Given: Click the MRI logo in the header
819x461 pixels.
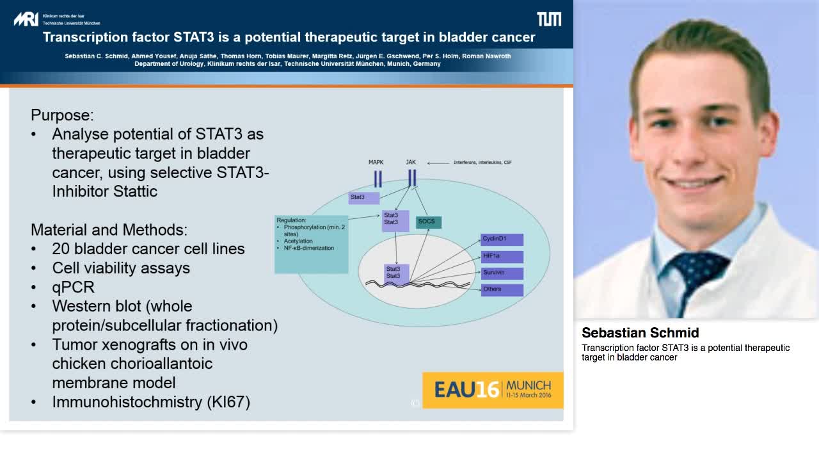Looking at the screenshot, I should (26, 19).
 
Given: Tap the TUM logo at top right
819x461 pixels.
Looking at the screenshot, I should (548, 19).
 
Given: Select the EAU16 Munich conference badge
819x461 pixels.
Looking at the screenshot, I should (493, 390).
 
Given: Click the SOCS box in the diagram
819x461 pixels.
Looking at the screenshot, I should (428, 222).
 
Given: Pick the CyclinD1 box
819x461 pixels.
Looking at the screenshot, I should (502, 239).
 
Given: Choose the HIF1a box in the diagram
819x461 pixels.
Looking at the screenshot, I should (502, 256).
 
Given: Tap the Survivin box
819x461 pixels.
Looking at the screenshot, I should (502, 273).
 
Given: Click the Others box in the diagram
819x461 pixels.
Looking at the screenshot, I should (502, 289).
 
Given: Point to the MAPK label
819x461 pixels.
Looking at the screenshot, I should (376, 163).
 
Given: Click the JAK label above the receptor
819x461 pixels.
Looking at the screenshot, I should (411, 162).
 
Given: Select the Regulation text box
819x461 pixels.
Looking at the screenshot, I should (312, 244).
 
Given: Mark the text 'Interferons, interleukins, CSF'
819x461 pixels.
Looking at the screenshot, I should (482, 163).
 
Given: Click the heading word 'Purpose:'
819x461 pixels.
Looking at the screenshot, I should (62, 115).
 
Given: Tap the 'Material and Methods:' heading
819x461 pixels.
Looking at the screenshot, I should (109, 230).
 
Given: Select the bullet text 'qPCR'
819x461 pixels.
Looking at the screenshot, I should (73, 287).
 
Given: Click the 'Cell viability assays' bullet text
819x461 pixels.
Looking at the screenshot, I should (121, 268).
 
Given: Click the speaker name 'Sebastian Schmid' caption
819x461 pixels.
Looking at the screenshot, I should (640, 333).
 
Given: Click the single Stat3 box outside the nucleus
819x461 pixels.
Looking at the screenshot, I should (363, 197).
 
